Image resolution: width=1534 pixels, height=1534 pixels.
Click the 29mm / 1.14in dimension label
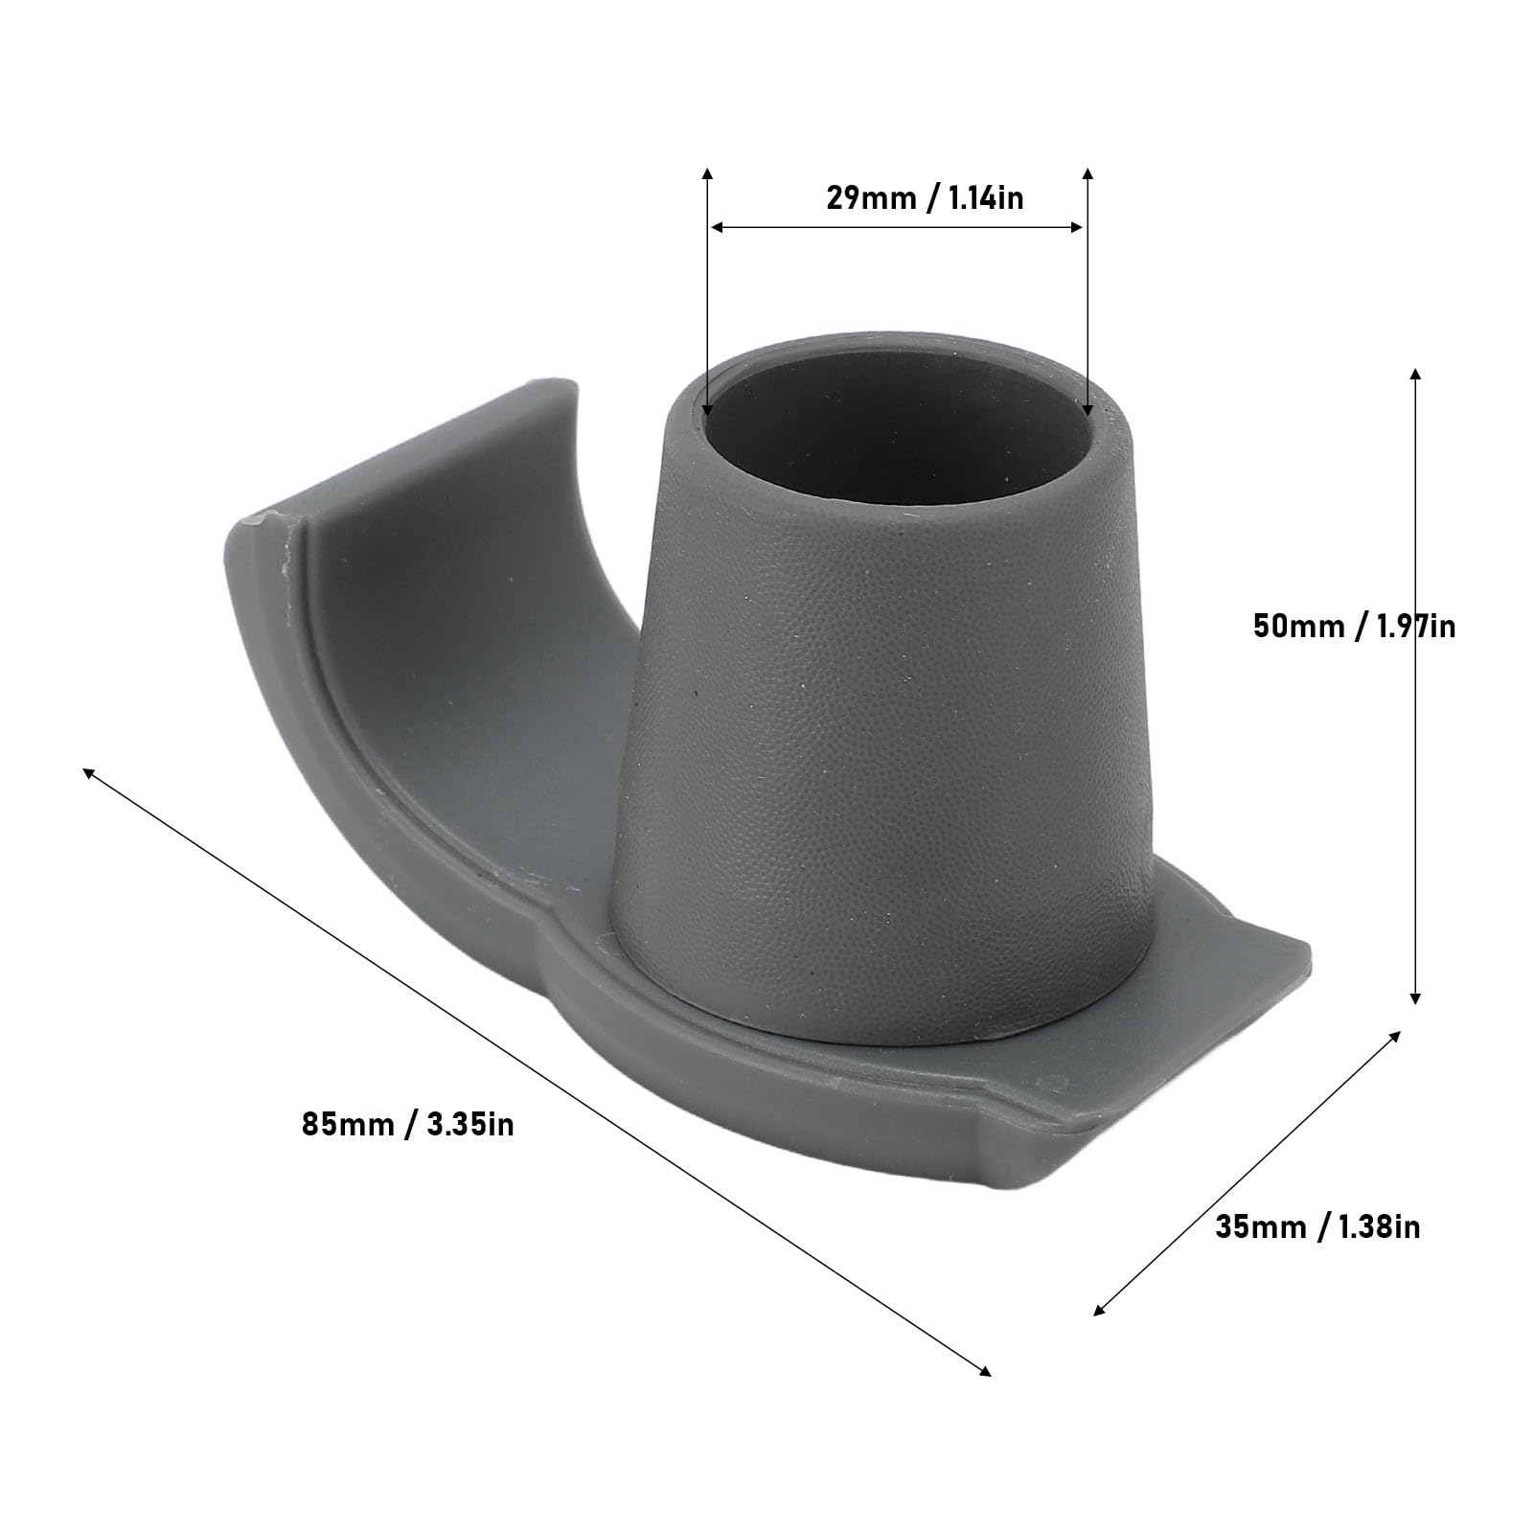coord(925,198)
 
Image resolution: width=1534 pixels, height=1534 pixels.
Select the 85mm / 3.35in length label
coord(408,1123)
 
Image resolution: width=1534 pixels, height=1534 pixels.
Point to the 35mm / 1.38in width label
coord(1317,1226)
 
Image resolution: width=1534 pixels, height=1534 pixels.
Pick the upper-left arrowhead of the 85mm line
coord(89,772)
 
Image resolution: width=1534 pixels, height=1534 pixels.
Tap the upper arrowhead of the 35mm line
coord(1395,1037)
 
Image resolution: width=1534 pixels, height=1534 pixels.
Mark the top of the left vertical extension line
coord(707,172)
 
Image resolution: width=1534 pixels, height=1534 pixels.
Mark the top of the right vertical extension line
coord(1088,172)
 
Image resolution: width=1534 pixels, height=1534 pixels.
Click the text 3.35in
coord(470,1123)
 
